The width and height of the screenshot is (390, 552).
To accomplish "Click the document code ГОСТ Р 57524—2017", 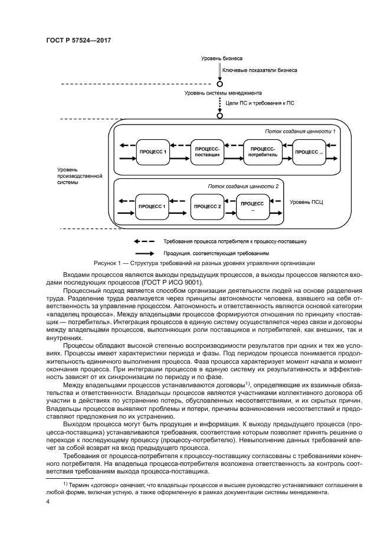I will click(78, 40).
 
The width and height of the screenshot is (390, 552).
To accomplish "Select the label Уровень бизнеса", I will click(222, 59).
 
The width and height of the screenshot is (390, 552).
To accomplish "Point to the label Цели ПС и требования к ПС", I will click(255, 103).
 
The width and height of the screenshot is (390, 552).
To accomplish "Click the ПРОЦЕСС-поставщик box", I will click(208, 152).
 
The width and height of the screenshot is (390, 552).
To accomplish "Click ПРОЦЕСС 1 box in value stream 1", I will click(153, 152).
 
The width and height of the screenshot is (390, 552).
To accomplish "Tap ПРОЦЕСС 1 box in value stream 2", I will click(152, 207).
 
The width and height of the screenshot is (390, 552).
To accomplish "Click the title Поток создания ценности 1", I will click(300, 131).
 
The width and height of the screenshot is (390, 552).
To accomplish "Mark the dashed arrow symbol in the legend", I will click(145, 241).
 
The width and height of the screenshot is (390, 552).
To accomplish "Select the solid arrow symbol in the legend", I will click(145, 252).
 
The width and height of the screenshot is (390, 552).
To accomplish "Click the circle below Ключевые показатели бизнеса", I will click(219, 83).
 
